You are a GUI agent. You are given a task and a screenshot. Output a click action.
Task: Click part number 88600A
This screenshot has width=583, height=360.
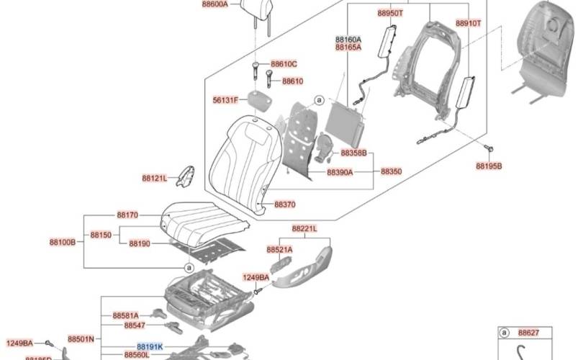tap(213, 4)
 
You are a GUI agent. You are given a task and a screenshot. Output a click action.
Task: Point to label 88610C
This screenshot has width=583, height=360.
tap(284, 64)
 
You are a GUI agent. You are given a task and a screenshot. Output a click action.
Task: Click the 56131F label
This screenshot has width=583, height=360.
tap(225, 101)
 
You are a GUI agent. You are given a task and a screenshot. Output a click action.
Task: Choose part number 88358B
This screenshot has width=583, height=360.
tap(353, 153)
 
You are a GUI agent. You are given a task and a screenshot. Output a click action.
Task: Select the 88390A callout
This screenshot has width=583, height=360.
tap(340, 173)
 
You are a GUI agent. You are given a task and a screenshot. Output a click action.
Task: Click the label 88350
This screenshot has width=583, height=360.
tap(391, 172)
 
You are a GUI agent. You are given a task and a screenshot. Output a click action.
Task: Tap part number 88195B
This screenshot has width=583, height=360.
tap(489, 166)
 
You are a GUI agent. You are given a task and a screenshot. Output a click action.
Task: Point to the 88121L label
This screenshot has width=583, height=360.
tap(154, 178)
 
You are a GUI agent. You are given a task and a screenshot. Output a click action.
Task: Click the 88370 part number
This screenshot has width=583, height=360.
tap(284, 204)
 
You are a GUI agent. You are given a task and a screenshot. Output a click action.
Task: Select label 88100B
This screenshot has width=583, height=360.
tap(62, 243)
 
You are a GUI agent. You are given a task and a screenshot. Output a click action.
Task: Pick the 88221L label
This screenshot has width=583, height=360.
tap(304, 228)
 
